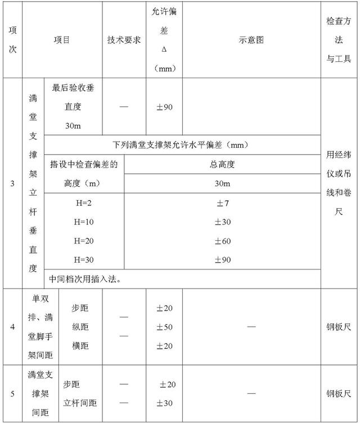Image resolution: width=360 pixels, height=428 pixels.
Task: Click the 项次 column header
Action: [12, 40]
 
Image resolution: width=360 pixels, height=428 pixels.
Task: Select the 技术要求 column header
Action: [124, 40]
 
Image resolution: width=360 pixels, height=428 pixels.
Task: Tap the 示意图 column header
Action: [251, 40]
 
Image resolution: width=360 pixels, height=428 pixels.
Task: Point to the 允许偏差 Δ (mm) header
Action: [164, 40]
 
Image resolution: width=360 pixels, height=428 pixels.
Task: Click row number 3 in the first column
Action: [12, 183]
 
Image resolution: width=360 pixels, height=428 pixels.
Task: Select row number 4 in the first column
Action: [12, 327]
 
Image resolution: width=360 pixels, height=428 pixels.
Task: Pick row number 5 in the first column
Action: [12, 393]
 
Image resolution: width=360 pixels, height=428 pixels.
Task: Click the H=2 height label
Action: [84, 203]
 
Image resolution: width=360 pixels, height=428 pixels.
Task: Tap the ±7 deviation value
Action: [222, 203]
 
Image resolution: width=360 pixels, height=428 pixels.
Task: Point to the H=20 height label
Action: [84, 241]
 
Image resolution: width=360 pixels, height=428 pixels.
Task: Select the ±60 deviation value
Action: [222, 241]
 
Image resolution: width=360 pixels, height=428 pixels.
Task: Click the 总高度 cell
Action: [222, 164]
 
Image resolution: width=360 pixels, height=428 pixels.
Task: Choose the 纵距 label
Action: [80, 327]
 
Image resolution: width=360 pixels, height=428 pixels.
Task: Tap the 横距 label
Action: [80, 345]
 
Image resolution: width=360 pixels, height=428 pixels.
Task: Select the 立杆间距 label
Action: [80, 403]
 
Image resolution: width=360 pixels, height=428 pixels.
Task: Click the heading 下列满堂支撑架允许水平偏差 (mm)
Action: [181, 145]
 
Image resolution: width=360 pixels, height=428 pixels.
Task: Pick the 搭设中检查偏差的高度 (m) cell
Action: [84, 174]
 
